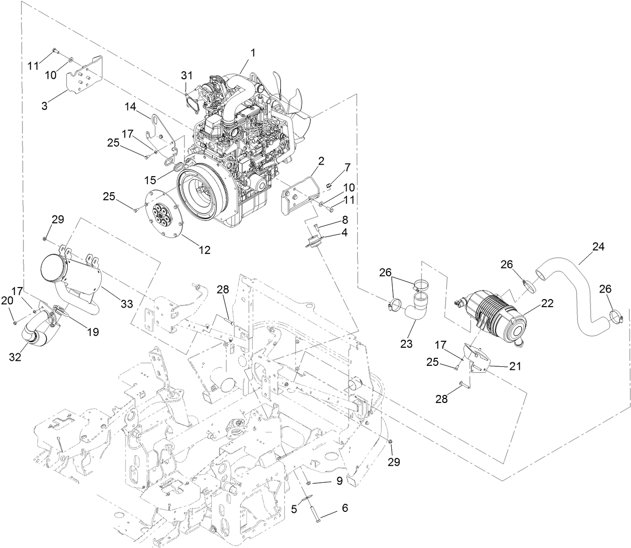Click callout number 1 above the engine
[253, 53]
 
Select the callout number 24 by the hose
[598, 247]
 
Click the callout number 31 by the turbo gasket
[187, 75]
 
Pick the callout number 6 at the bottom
[345, 507]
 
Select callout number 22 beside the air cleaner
[548, 303]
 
